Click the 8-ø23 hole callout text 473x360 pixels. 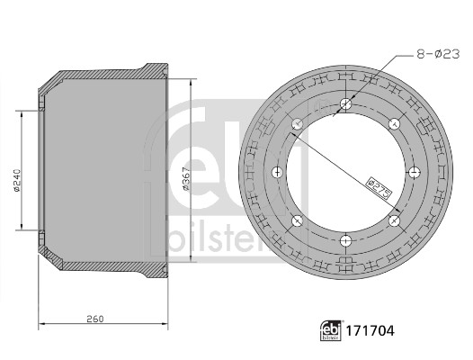tap(438, 54)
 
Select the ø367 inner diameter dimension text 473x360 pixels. tap(186, 178)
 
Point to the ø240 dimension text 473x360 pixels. tap(16, 180)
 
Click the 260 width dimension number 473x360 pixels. tap(95, 319)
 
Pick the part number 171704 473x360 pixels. tap(370, 330)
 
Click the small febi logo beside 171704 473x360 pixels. tap(331, 330)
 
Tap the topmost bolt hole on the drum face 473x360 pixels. tap(345, 104)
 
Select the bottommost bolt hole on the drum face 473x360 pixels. tap(345, 240)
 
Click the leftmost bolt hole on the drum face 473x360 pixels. tap(277, 173)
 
